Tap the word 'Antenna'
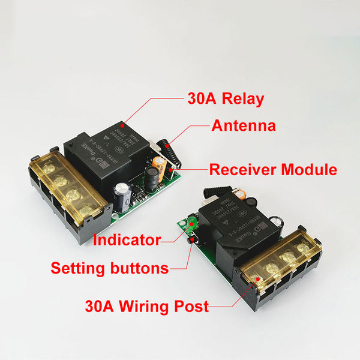(244, 126)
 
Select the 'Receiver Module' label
(273, 170)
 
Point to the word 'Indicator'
(127, 241)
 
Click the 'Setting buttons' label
(110, 268)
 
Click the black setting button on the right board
(193, 241)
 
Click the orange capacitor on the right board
(238, 193)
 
